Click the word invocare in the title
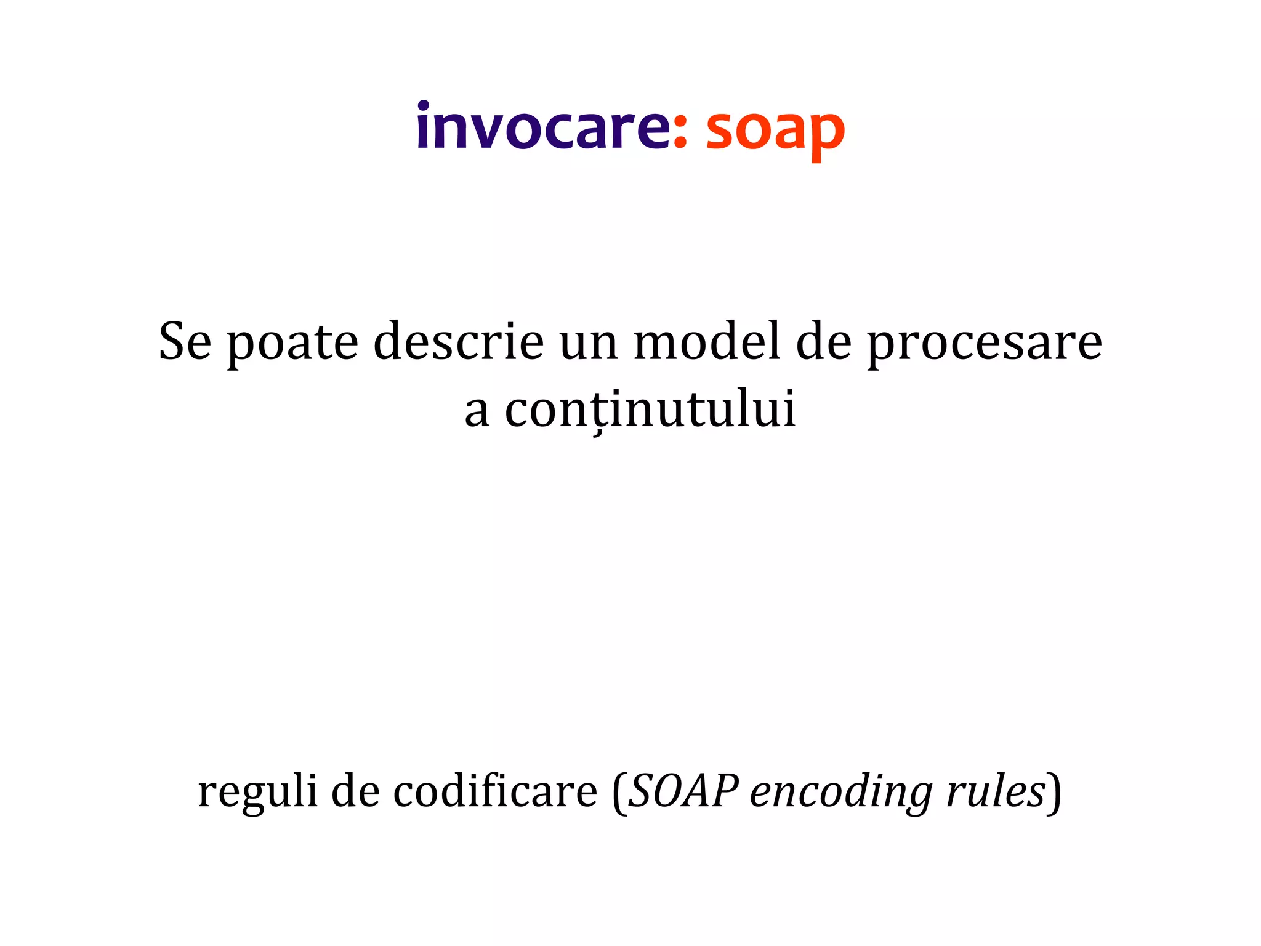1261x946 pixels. click(542, 127)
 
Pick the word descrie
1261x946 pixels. click(459, 342)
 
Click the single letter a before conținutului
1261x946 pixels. click(477, 413)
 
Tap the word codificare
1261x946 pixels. click(495, 791)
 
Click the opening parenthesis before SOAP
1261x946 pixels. click(619, 793)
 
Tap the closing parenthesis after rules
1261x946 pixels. click(1055, 793)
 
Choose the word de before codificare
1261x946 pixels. click(355, 791)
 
